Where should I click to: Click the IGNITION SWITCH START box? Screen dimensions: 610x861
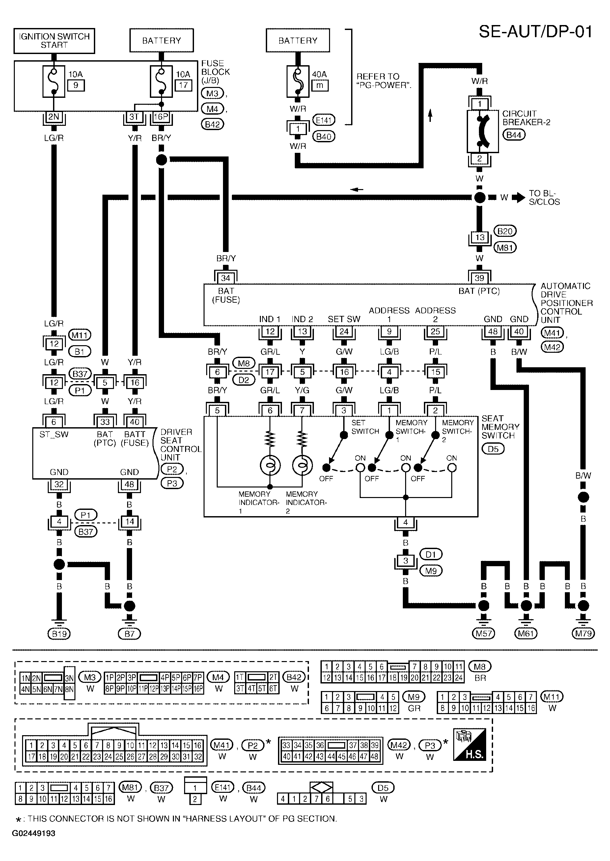click(x=54, y=41)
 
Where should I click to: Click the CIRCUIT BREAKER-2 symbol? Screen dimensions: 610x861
click(x=482, y=131)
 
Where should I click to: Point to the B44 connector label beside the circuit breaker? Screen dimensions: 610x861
click(x=513, y=135)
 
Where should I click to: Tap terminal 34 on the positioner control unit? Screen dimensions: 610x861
click(x=225, y=278)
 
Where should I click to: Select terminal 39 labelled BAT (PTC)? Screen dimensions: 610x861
click(x=479, y=278)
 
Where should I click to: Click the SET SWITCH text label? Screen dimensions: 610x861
click(x=365, y=427)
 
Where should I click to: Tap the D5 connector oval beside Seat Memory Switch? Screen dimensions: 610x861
click(x=493, y=449)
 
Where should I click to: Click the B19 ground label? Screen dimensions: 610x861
click(x=59, y=634)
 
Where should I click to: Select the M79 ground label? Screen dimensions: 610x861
click(x=583, y=634)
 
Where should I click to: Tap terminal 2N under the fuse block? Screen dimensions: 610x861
click(x=54, y=117)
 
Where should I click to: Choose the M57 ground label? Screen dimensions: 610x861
click(x=484, y=634)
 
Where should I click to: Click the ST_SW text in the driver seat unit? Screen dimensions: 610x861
click(x=54, y=435)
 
